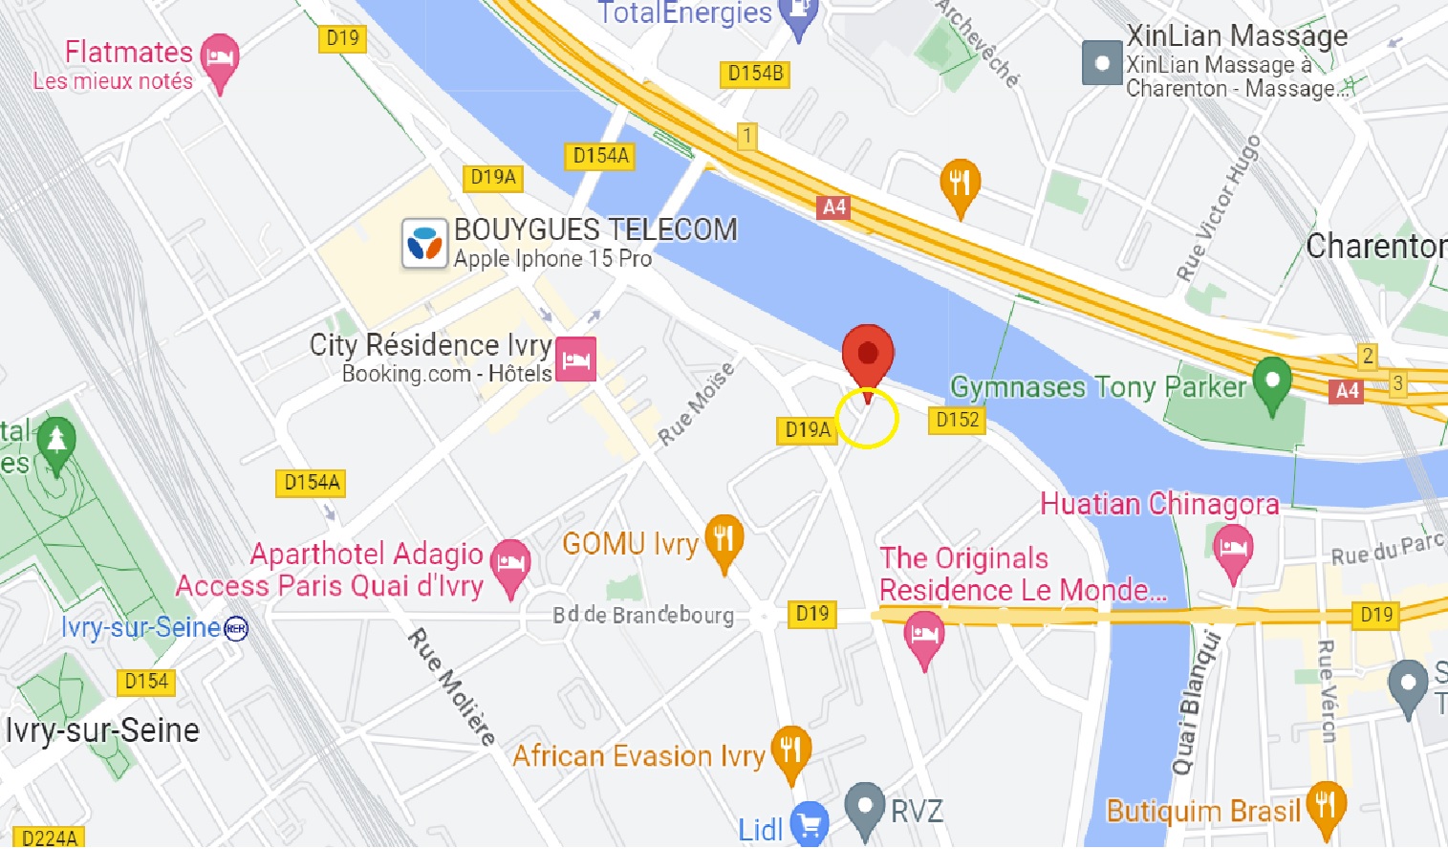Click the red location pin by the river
(867, 356)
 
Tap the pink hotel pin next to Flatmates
(220, 59)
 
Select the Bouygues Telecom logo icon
(424, 244)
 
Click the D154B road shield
(754, 74)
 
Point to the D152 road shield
(957, 420)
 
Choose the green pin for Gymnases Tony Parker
(1272, 381)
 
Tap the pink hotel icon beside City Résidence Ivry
(575, 359)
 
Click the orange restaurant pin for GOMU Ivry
(724, 540)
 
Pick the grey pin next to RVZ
(865, 808)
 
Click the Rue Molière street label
(452, 686)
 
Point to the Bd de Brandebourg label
(642, 615)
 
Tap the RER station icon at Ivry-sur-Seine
(235, 628)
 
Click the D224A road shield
(49, 838)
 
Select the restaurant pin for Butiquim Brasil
(1326, 807)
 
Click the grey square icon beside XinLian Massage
(1102, 63)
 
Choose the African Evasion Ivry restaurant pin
(790, 751)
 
